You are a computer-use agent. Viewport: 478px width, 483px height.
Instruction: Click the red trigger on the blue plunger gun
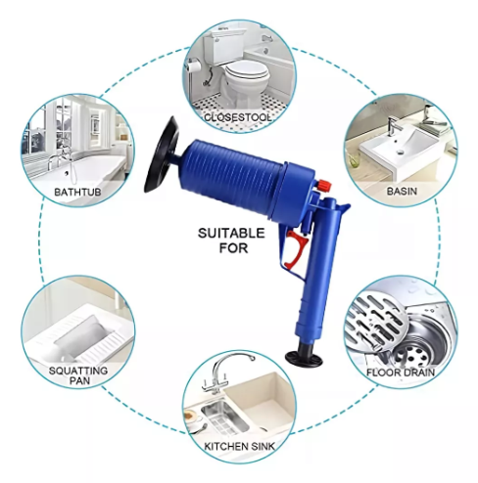point(296,249)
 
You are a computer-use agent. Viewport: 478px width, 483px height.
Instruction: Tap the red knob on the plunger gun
point(324,186)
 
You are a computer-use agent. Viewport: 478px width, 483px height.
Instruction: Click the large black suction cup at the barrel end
point(162,154)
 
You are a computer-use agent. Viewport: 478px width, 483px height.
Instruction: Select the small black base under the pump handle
point(304,359)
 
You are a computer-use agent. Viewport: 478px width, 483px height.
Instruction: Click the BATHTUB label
point(77,192)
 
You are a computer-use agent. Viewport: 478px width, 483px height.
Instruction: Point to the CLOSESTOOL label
point(238,117)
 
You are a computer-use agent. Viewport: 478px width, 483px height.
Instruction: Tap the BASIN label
point(402,191)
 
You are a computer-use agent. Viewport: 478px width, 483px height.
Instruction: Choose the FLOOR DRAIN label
point(401,373)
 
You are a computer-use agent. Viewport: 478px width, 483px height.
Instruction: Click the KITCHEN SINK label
point(239,446)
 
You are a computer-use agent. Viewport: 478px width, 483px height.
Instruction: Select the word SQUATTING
point(78,371)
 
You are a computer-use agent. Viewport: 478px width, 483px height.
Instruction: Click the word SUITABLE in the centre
point(231,234)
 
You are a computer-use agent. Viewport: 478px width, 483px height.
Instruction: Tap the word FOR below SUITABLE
point(233,248)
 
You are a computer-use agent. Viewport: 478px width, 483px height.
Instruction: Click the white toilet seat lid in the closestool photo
point(247,71)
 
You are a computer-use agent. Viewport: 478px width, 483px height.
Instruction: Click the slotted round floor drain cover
point(376,321)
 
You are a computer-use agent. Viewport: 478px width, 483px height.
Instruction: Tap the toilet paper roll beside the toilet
point(193,66)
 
